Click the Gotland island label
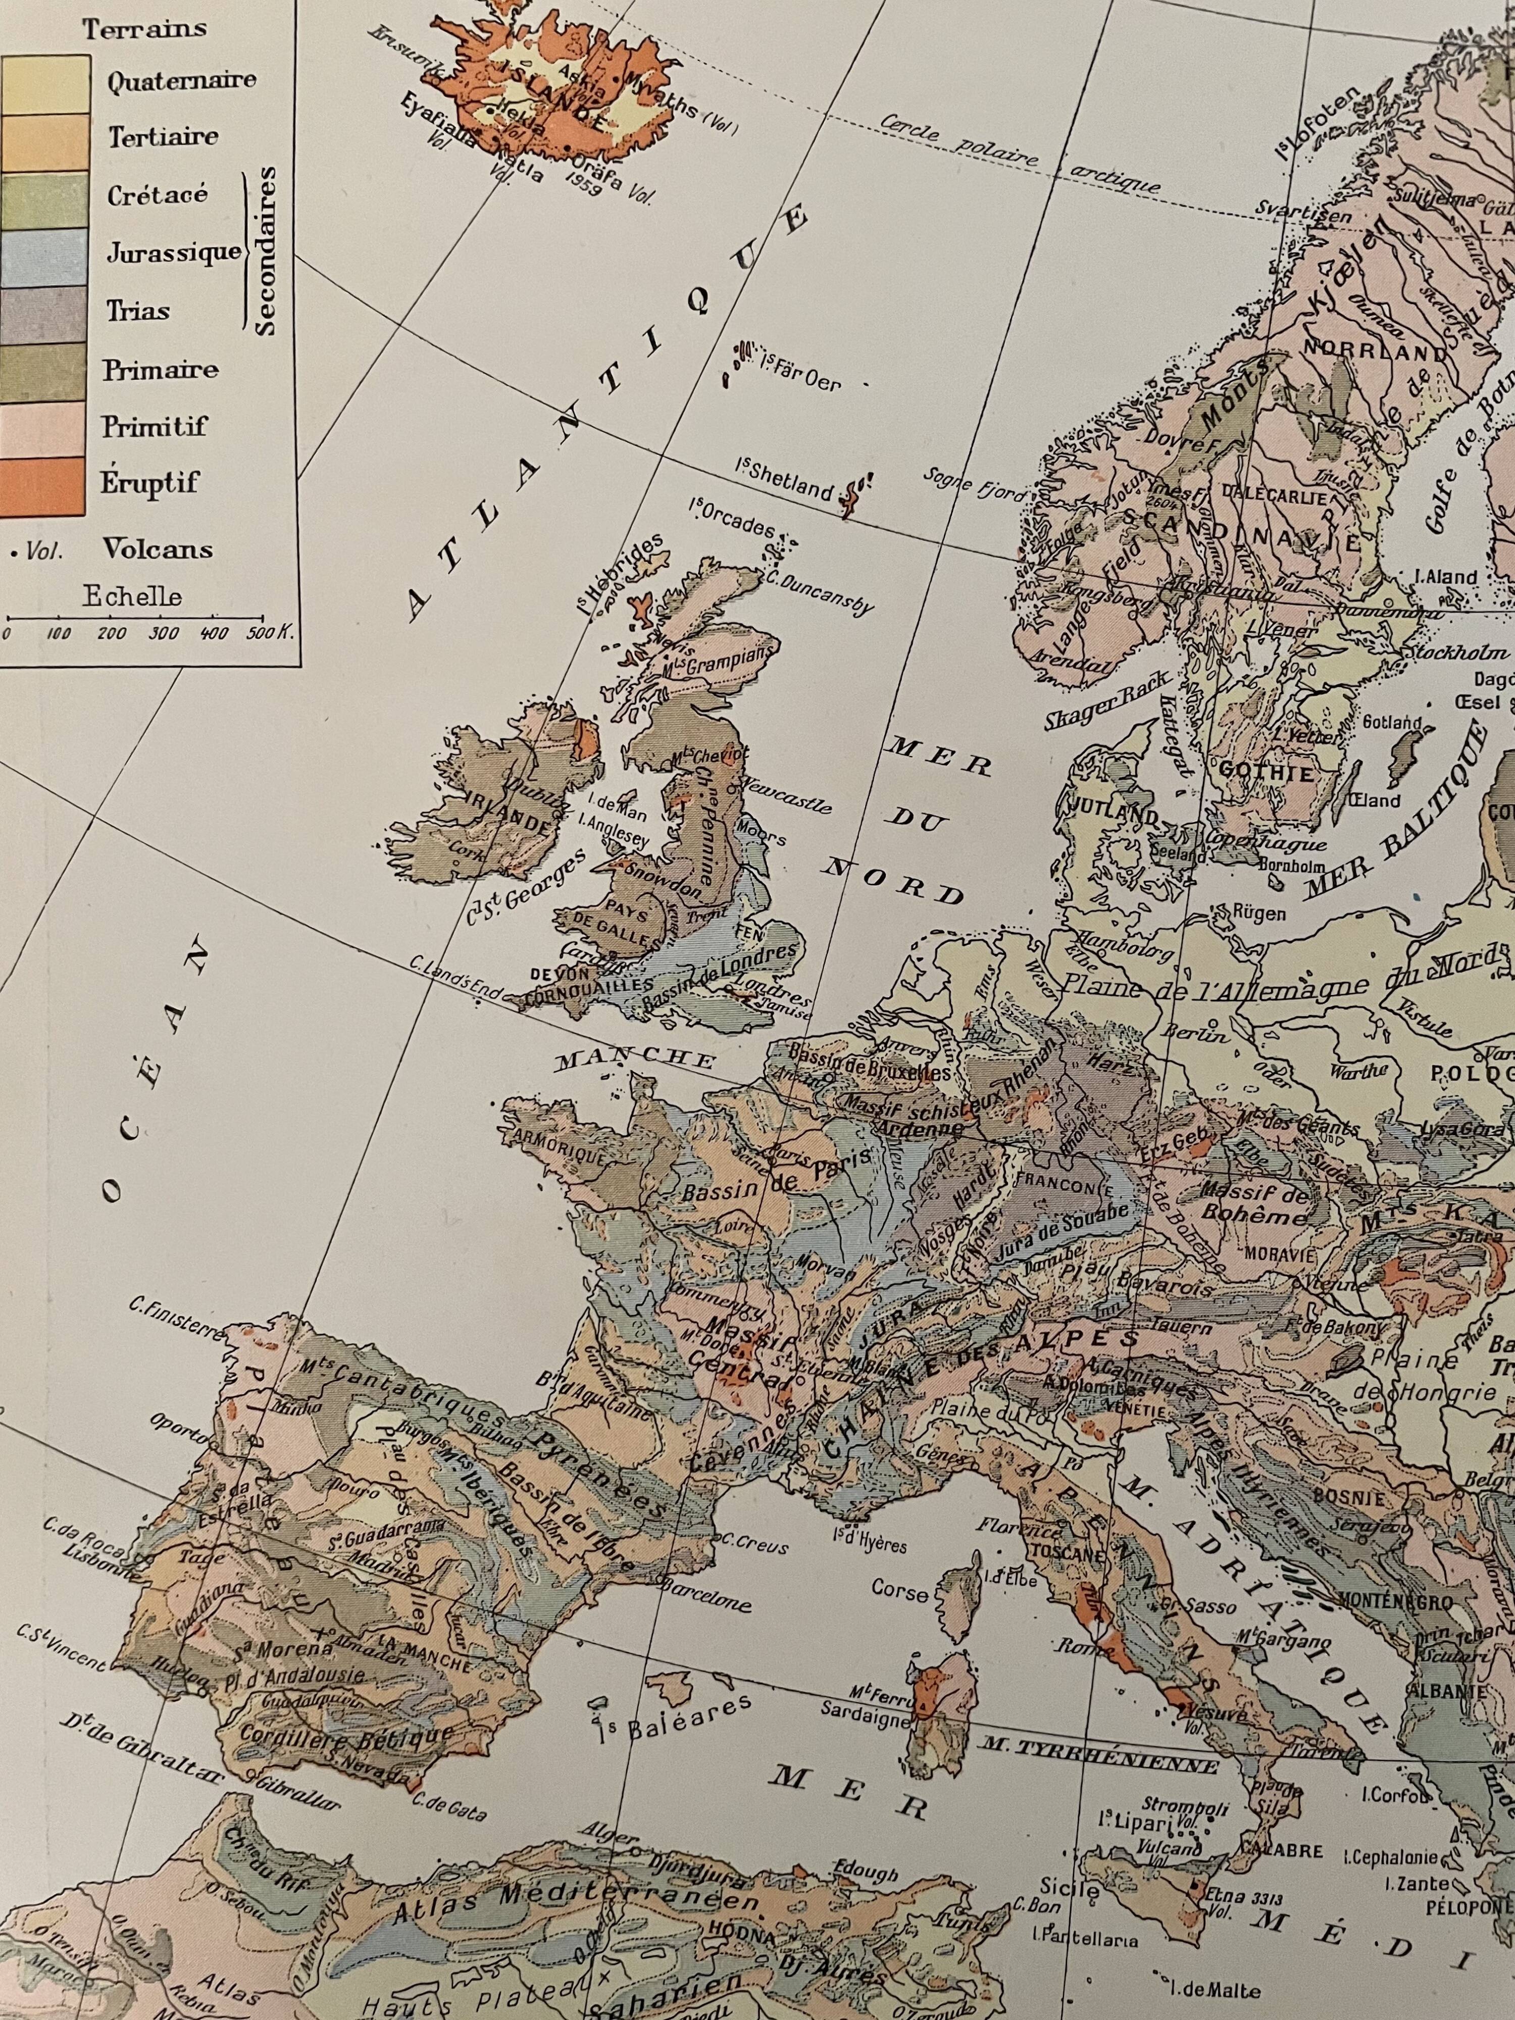(x=1393, y=722)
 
